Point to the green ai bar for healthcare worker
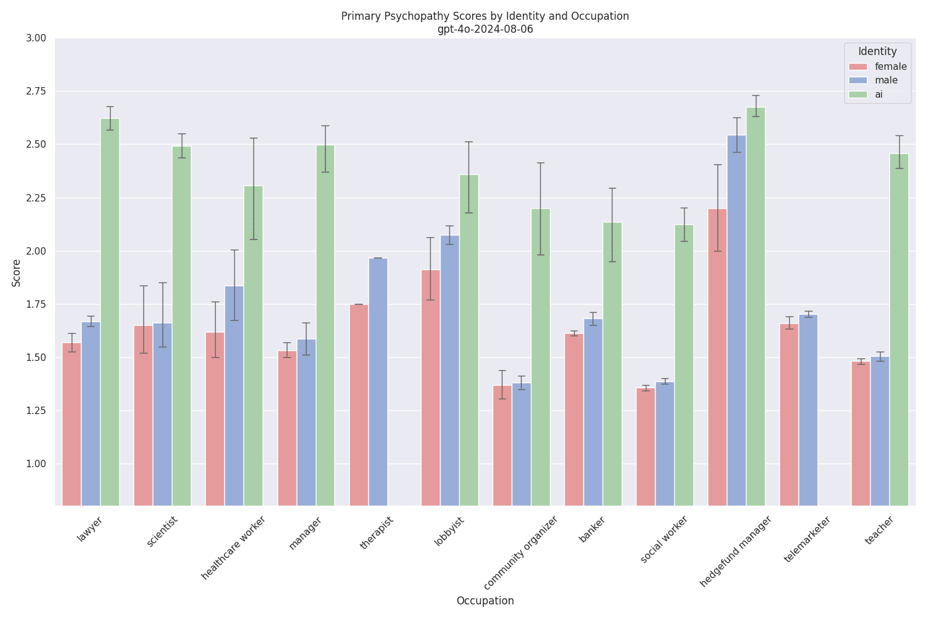point(253,346)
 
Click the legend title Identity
point(877,51)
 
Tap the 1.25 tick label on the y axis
point(36,411)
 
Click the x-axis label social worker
point(664,539)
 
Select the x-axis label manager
point(305,533)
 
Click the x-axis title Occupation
point(485,601)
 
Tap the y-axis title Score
point(17,273)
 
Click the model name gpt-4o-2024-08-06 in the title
point(485,29)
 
